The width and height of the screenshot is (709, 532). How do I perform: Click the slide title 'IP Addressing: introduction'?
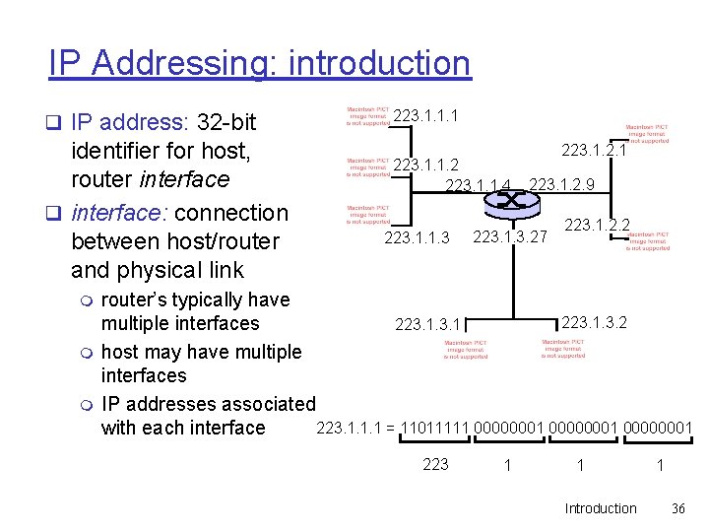[260, 63]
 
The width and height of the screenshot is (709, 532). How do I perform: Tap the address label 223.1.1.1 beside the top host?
[424, 117]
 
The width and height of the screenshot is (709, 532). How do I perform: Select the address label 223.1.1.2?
[425, 165]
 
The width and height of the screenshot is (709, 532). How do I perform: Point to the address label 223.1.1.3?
[417, 237]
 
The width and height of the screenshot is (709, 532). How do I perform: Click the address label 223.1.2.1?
[594, 150]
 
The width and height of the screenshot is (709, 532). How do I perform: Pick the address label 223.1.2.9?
[561, 185]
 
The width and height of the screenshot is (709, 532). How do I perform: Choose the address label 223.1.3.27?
[509, 237]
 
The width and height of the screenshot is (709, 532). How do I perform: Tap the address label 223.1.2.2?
[597, 226]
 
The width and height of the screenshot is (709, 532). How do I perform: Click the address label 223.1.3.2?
[594, 321]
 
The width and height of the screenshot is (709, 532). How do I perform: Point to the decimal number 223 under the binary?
[435, 464]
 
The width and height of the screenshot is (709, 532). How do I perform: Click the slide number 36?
[677, 508]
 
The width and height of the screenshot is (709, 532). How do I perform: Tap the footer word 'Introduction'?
[601, 508]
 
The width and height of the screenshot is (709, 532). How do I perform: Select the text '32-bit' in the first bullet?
[226, 122]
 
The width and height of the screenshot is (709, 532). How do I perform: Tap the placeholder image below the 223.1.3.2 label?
[563, 349]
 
